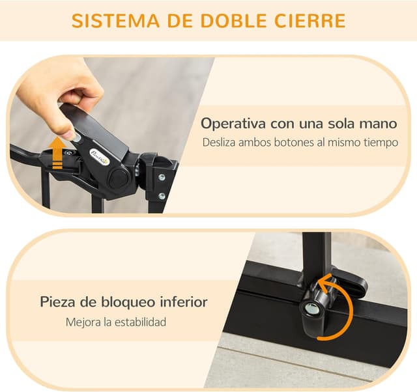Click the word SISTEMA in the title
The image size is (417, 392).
115,20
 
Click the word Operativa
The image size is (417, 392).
233,124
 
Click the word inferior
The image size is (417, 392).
184,302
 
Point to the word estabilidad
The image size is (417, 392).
141,322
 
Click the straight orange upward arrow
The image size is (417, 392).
58,154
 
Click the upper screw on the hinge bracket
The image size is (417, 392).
162,177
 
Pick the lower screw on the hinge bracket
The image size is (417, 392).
162,197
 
